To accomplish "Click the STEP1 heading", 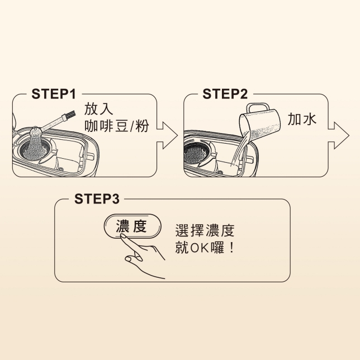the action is (x=54, y=94).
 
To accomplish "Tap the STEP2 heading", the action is (x=225, y=94).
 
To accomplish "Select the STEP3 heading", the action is (x=97, y=199).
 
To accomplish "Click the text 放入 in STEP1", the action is (x=99, y=109).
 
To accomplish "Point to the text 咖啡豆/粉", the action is (x=117, y=126).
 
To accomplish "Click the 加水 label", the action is (x=302, y=119).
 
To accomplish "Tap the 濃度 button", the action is (x=132, y=226).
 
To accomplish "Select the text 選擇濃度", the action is (x=205, y=230).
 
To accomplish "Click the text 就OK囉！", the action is (x=205, y=248).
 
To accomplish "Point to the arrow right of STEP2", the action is (x=339, y=136).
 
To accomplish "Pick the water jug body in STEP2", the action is (x=260, y=126).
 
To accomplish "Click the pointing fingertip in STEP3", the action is (x=124, y=236).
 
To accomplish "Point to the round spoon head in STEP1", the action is (x=35, y=131).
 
